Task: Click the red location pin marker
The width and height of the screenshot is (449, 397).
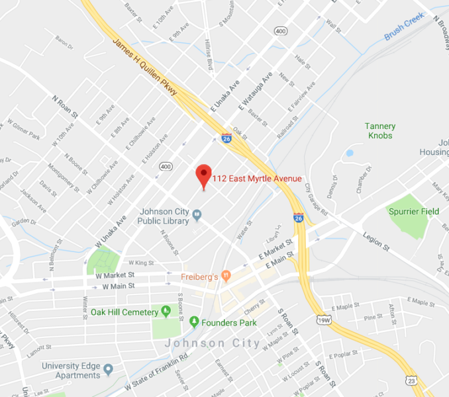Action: click(203, 174)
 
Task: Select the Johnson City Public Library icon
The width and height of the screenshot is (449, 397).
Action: click(196, 214)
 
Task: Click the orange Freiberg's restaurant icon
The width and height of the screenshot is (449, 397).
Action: click(226, 275)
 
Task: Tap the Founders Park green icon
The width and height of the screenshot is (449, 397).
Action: click(194, 322)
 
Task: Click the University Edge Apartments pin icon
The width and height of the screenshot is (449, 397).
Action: click(108, 369)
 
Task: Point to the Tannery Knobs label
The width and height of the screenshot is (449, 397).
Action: click(380, 131)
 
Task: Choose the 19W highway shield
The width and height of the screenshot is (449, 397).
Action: click(324, 321)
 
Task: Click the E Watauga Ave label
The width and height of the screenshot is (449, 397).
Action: click(258, 93)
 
